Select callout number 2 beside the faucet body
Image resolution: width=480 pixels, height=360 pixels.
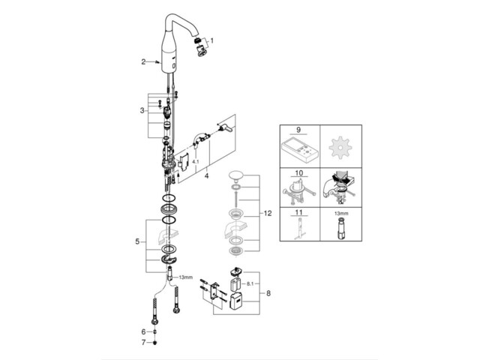tap(143, 62)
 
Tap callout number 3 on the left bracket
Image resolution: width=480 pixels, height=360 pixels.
tap(142, 111)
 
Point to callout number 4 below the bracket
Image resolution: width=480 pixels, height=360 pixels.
tap(205, 177)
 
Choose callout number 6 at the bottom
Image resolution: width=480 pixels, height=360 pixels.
tap(143, 331)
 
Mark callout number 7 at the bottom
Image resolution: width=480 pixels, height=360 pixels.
tap(143, 343)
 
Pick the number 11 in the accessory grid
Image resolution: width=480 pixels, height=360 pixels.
tap(300, 212)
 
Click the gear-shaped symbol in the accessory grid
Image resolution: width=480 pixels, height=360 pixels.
tap(341, 147)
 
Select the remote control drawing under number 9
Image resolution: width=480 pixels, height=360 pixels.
tap(300, 148)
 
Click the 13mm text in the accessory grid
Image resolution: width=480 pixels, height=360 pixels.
tap(341, 212)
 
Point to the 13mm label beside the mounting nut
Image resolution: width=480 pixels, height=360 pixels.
tap(186, 277)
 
